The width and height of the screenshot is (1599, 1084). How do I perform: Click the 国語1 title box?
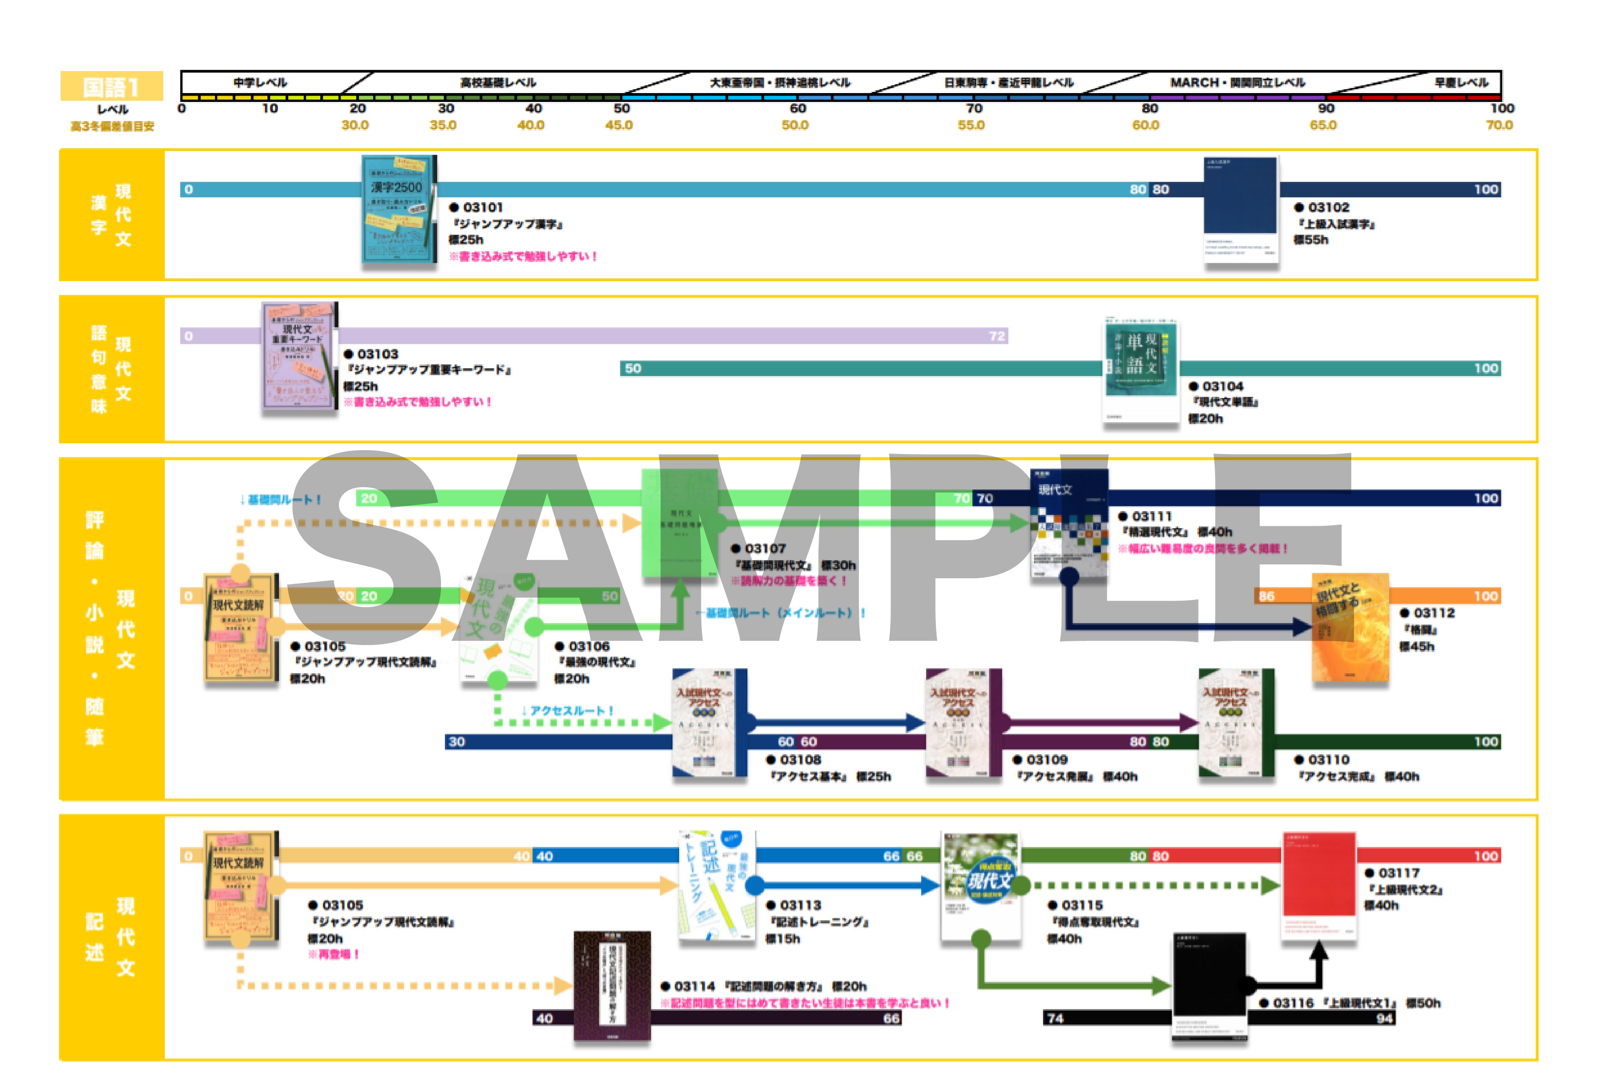112,87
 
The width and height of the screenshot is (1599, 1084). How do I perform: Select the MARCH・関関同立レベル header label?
1237,83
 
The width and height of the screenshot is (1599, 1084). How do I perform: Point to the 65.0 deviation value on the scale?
1322,125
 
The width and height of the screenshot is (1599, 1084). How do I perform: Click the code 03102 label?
1328,207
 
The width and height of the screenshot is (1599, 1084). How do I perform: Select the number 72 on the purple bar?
996,336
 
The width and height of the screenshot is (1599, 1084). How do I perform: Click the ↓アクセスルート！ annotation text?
567,710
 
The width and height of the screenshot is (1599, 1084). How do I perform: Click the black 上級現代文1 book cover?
1209,987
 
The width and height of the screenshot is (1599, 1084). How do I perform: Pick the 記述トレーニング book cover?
717,884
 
